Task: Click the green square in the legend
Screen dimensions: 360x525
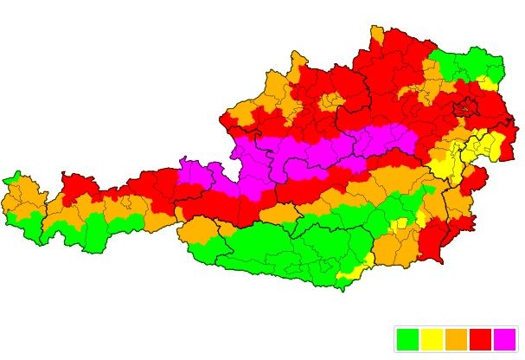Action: click(407, 339)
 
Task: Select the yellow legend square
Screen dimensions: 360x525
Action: click(432, 339)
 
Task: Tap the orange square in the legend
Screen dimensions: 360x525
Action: click(456, 339)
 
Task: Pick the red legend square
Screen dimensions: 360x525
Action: click(480, 339)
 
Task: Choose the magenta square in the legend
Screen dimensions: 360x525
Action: click(504, 339)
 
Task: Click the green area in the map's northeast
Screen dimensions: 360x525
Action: click(467, 66)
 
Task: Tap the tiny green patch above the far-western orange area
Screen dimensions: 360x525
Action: click(11, 180)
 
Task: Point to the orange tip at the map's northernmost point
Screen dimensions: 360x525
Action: click(377, 35)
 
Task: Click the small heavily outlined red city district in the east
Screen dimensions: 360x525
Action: click(470, 108)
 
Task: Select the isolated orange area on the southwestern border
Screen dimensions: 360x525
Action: click(200, 229)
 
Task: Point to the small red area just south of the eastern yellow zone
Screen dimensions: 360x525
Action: click(474, 181)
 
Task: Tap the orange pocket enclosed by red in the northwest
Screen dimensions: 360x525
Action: click(330, 100)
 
